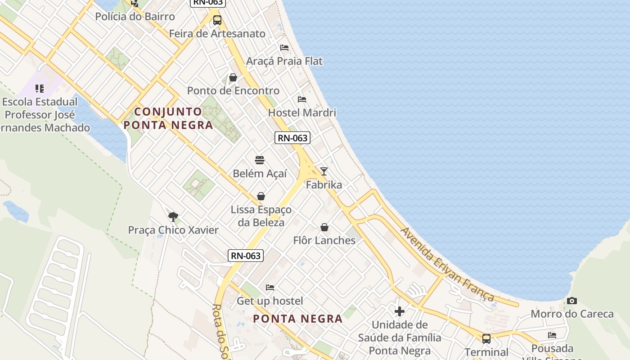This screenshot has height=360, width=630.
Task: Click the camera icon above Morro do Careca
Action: (572, 301)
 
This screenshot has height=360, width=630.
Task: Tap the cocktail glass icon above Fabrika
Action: (324, 171)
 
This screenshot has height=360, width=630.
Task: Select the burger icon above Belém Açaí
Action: (260, 160)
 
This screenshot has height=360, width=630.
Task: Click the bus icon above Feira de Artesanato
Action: (217, 20)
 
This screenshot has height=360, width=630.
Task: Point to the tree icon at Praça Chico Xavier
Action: (173, 217)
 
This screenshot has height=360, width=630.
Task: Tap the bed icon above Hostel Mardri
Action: (302, 99)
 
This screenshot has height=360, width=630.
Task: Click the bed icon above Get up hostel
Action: (270, 287)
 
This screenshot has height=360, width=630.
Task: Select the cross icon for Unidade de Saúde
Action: (400, 311)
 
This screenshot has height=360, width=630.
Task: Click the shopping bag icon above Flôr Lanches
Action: (324, 227)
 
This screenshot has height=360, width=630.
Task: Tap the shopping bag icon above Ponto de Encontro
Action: (233, 78)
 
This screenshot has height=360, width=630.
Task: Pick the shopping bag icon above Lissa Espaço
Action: (261, 196)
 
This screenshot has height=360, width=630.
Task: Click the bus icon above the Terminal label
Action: (486, 338)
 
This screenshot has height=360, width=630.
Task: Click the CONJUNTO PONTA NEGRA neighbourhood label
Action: (169, 118)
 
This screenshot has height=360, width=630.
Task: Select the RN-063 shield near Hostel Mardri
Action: (292, 138)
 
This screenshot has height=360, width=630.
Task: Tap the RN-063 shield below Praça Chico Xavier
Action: (245, 256)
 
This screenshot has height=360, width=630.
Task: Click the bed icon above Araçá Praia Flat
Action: (284, 47)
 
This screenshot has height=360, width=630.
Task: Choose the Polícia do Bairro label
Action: (135, 17)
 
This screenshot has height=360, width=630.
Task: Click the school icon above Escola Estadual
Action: (40, 88)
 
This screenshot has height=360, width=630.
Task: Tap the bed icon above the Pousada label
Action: (552, 335)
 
